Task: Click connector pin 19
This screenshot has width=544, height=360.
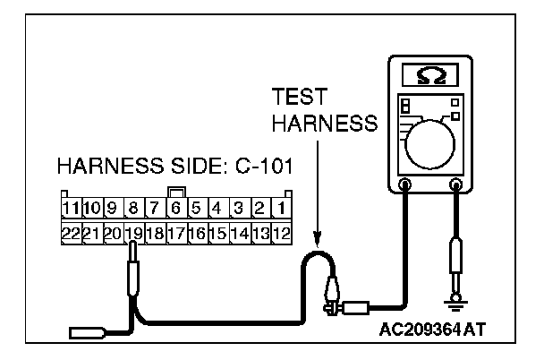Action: [133, 234]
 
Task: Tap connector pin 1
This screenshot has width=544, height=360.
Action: [280, 210]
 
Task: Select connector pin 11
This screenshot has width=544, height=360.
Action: [71, 210]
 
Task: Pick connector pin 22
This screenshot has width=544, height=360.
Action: [71, 234]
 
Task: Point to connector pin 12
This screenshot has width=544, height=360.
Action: [280, 234]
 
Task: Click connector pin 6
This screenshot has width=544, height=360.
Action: [176, 210]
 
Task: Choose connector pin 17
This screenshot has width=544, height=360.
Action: [176, 234]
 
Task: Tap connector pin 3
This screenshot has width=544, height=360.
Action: [239, 210]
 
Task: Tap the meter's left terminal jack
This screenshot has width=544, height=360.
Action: [404, 186]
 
